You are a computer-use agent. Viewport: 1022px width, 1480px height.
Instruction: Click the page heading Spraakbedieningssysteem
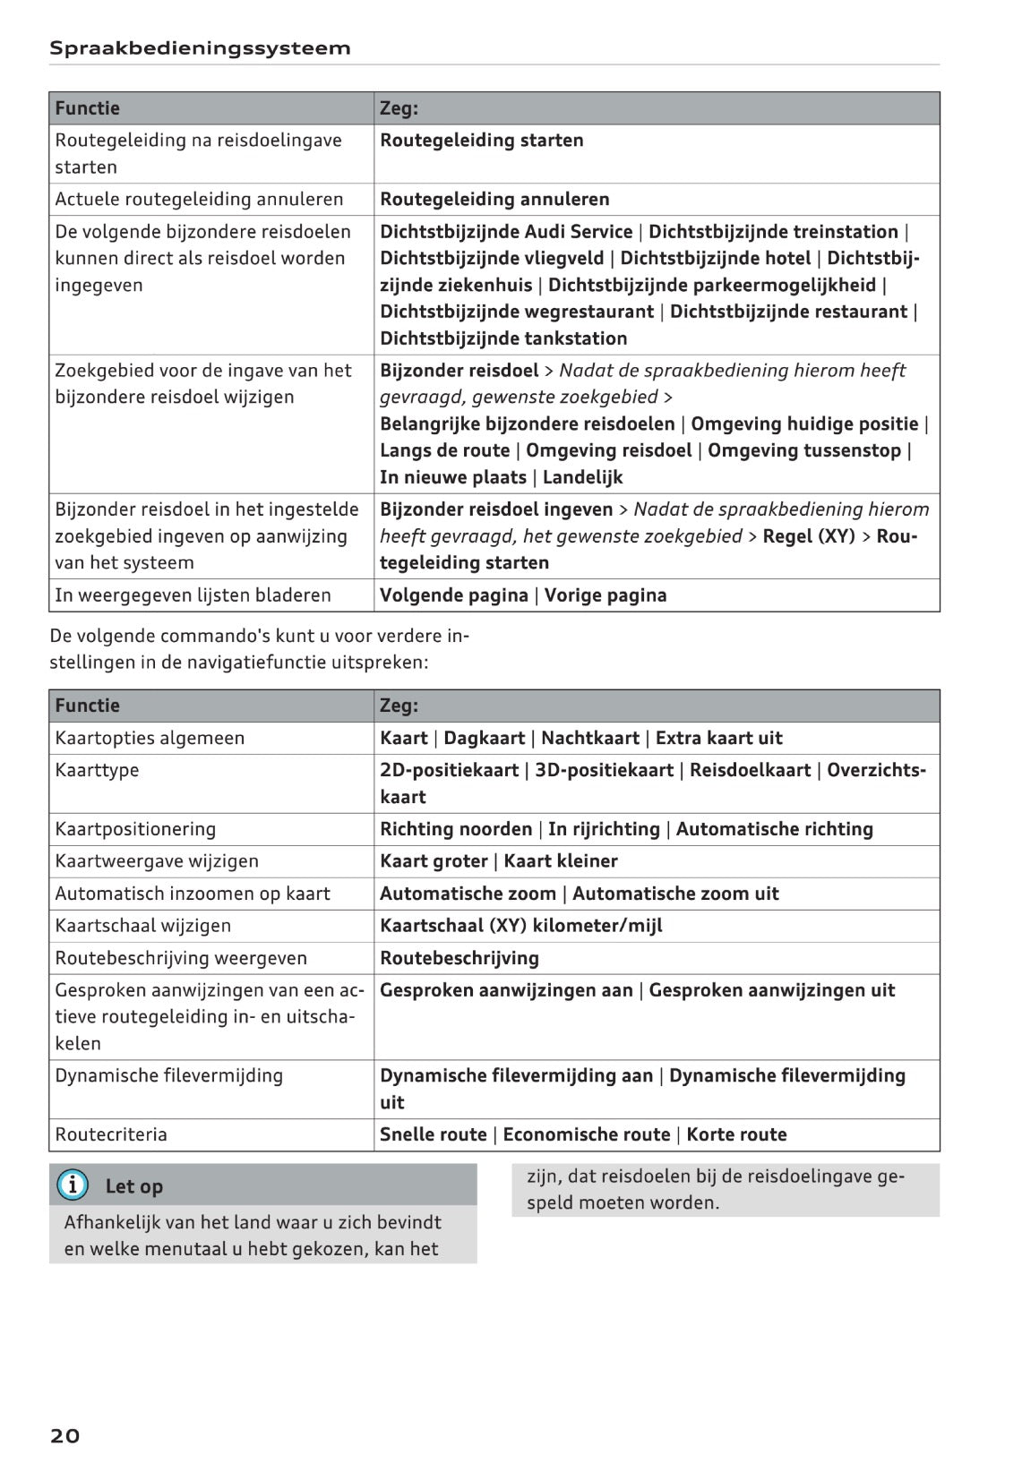[200, 48]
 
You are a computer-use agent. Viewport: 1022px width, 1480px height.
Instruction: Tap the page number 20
[64, 1435]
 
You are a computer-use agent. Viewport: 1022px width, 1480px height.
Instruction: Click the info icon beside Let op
[73, 1185]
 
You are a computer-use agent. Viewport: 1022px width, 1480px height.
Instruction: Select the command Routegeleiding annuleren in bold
[494, 199]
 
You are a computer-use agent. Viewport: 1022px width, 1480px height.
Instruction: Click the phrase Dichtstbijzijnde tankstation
[503, 338]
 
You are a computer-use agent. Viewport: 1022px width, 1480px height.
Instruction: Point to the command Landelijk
[582, 477]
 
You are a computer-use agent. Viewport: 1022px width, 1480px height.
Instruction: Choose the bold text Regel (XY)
[809, 536]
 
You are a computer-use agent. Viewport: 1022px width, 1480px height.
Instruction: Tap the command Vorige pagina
[605, 595]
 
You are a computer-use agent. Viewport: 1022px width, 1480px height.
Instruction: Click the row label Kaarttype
[97, 770]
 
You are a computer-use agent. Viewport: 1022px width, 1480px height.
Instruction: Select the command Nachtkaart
[590, 738]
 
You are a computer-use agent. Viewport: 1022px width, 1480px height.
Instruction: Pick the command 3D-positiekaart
[604, 770]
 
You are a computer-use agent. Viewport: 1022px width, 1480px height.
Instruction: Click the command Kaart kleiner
[561, 861]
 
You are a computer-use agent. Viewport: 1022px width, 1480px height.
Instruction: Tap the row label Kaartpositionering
[135, 829]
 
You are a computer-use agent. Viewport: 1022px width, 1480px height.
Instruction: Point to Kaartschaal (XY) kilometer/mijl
[521, 926]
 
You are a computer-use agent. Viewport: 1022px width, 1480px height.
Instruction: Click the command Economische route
[587, 1134]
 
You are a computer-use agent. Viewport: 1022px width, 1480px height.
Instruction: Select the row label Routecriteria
[111, 1134]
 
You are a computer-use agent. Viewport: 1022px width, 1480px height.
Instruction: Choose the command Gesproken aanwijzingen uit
[772, 990]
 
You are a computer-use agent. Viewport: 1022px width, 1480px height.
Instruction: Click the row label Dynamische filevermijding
[168, 1075]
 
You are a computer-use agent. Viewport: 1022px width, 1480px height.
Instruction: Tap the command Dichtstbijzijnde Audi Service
[506, 232]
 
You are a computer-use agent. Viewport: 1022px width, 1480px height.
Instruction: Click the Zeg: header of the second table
[399, 706]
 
